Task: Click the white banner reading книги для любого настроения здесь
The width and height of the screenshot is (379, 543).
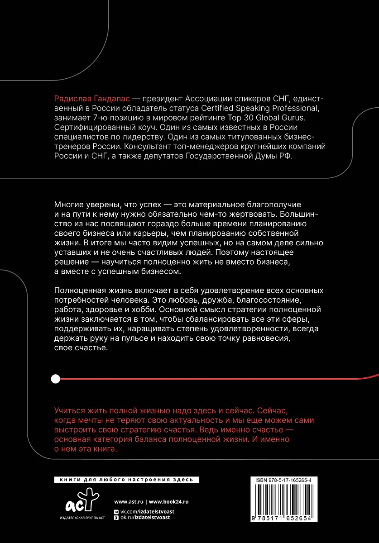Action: click(126, 480)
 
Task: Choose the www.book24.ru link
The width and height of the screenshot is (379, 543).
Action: click(168, 501)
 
